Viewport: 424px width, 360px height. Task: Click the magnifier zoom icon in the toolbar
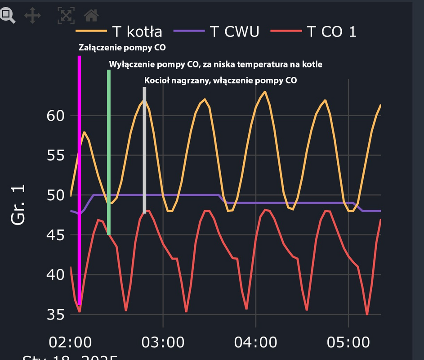pos(7,15)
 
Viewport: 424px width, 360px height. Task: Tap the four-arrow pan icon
pos(32,16)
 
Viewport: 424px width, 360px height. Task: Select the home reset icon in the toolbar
pos(91,16)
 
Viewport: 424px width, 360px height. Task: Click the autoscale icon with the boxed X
pos(66,16)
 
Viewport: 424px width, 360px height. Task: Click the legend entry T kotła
pos(119,31)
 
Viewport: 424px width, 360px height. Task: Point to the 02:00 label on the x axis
pos(70,342)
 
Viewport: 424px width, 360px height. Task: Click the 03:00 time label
pos(163,342)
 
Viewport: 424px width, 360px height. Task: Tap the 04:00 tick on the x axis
pos(256,342)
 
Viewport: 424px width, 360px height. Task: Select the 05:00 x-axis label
pos(348,342)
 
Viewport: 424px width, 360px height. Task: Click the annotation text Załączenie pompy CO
pos(125,47)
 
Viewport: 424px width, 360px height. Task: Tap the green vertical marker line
pos(109,153)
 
